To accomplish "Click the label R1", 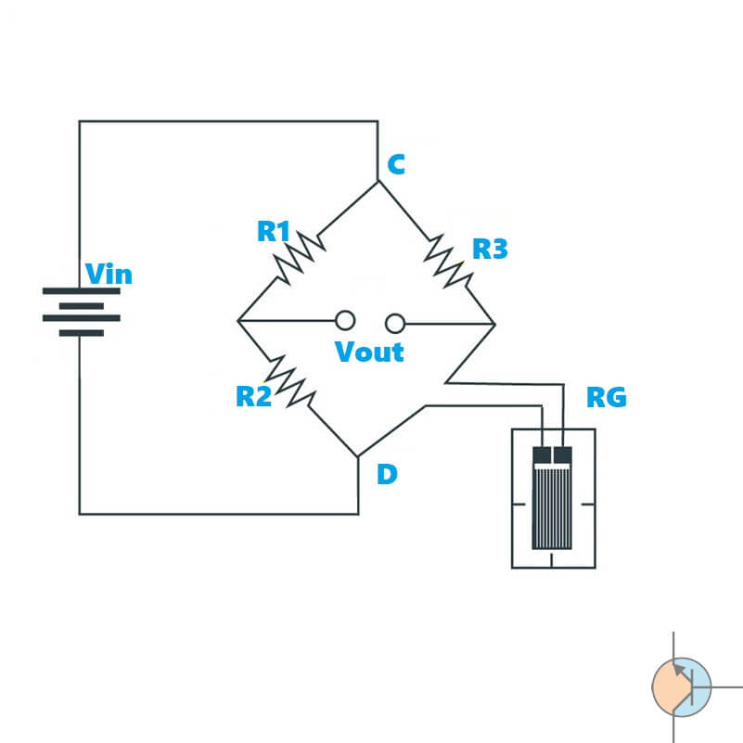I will [275, 231].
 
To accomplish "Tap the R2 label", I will [254, 396].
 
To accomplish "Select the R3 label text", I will [490, 249].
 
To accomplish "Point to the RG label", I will [607, 398].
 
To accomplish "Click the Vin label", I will [109, 275].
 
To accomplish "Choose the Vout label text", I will [369, 352].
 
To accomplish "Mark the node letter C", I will [396, 165].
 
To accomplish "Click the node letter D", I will [387, 475].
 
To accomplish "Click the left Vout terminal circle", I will [345, 321].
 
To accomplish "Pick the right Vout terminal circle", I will [396, 323].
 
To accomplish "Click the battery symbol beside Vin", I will [81, 312].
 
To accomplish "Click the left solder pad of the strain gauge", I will [542, 455].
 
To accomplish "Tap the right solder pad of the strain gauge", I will [562, 455].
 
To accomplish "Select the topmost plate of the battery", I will [81, 290].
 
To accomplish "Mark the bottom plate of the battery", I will [81, 332].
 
